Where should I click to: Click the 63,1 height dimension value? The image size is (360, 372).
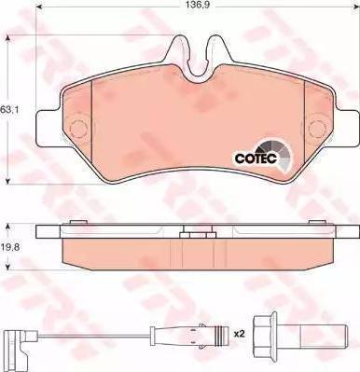[x=7, y=109]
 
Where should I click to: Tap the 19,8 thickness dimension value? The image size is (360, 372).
[x=8, y=248]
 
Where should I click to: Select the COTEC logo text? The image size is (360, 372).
[x=256, y=158]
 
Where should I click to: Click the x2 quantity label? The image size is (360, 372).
[x=240, y=334]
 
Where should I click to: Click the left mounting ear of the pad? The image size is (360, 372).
[x=48, y=128]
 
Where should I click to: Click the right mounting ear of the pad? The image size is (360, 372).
[x=348, y=128]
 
